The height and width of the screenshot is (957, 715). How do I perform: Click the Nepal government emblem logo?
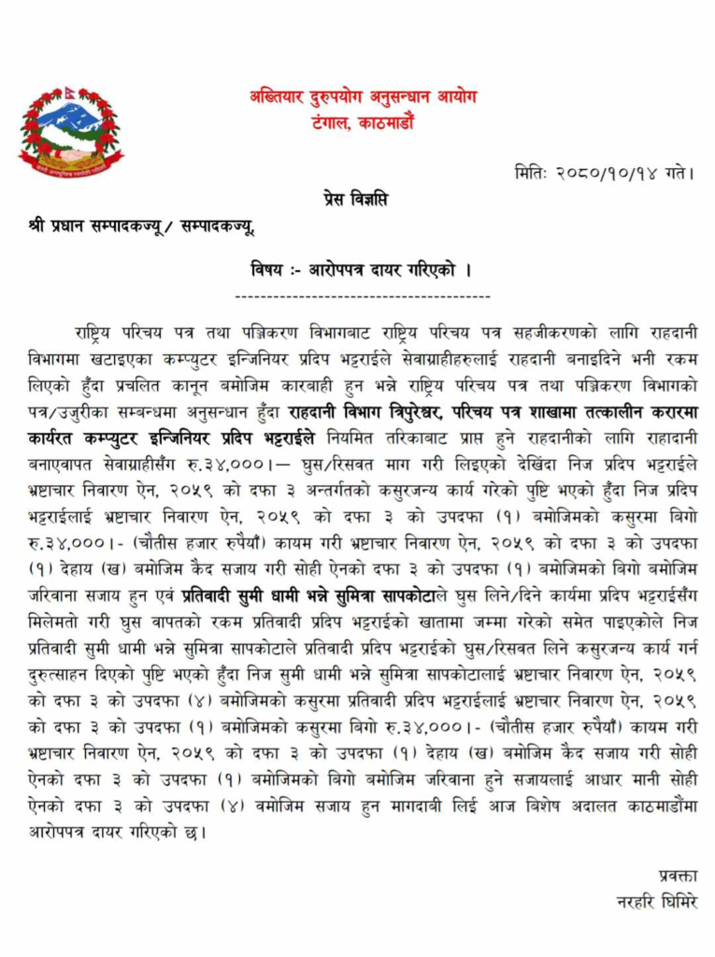point(70,130)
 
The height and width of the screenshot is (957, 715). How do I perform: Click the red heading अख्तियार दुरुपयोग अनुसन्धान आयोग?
point(363,97)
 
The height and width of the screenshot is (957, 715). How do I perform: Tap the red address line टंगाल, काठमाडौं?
point(363,122)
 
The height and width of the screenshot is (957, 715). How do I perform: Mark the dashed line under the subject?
point(363,296)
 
